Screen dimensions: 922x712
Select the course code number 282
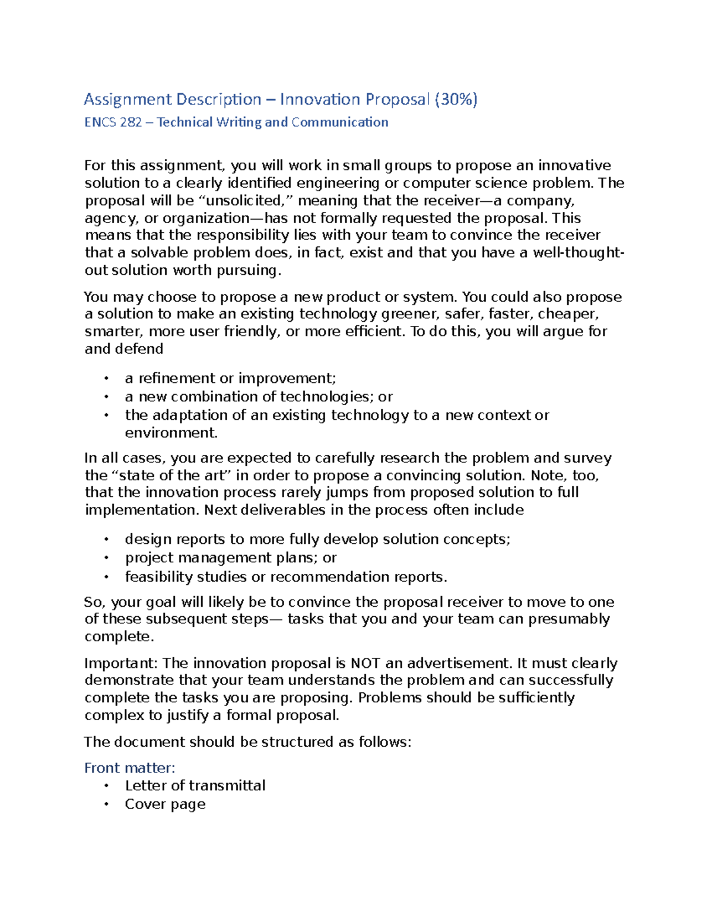(x=131, y=122)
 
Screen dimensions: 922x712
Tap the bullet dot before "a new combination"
(x=106, y=397)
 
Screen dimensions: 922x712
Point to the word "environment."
(x=171, y=433)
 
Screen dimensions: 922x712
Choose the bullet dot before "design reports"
(x=106, y=540)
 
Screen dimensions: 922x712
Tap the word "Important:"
(x=121, y=663)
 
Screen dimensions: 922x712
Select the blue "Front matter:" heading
(x=129, y=768)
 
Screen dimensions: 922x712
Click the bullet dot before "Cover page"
(x=106, y=805)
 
